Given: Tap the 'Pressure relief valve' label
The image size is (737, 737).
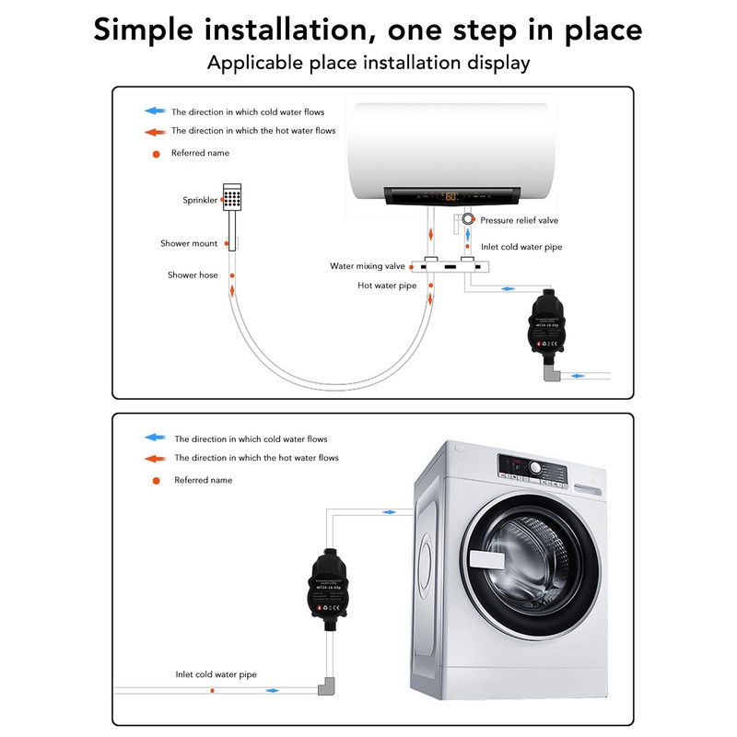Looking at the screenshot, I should (x=519, y=221).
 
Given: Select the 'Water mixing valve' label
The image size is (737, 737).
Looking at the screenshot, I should (x=368, y=266).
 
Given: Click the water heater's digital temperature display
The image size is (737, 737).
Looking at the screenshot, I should (x=451, y=196).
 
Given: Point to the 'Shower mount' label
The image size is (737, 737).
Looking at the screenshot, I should (x=189, y=244).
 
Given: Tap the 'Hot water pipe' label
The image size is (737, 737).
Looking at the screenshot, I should (x=387, y=286).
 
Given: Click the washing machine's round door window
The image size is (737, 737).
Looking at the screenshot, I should (x=521, y=560).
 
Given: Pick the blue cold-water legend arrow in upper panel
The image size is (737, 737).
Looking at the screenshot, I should (x=153, y=111).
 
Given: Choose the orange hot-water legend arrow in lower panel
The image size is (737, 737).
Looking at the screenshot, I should (x=157, y=458).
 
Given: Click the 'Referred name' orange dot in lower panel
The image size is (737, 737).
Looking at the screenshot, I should (x=156, y=480).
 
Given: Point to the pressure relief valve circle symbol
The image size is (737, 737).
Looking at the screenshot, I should (x=469, y=220).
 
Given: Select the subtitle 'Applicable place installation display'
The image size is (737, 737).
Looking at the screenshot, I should (x=368, y=63).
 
